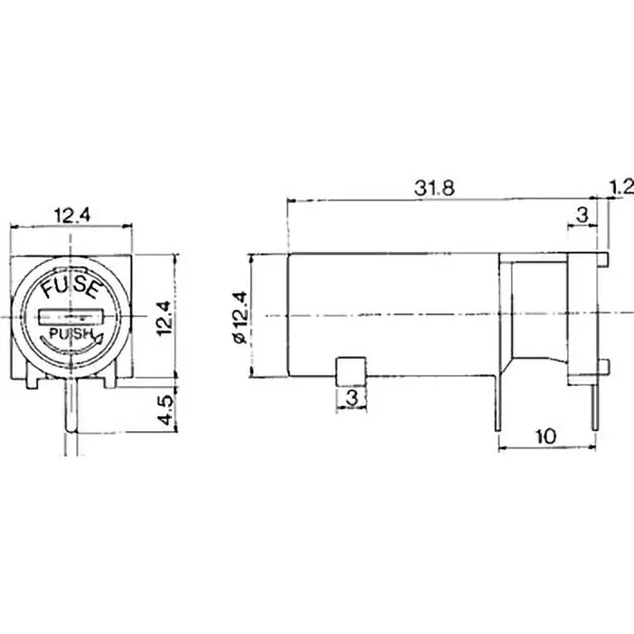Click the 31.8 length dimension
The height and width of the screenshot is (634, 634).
point(434,189)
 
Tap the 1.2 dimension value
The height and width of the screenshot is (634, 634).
point(621,187)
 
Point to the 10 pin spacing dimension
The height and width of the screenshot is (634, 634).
point(546,437)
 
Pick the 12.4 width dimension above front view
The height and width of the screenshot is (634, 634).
point(72,216)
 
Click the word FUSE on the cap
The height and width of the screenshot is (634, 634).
point(71,288)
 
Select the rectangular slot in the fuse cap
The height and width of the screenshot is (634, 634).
point(71,317)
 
